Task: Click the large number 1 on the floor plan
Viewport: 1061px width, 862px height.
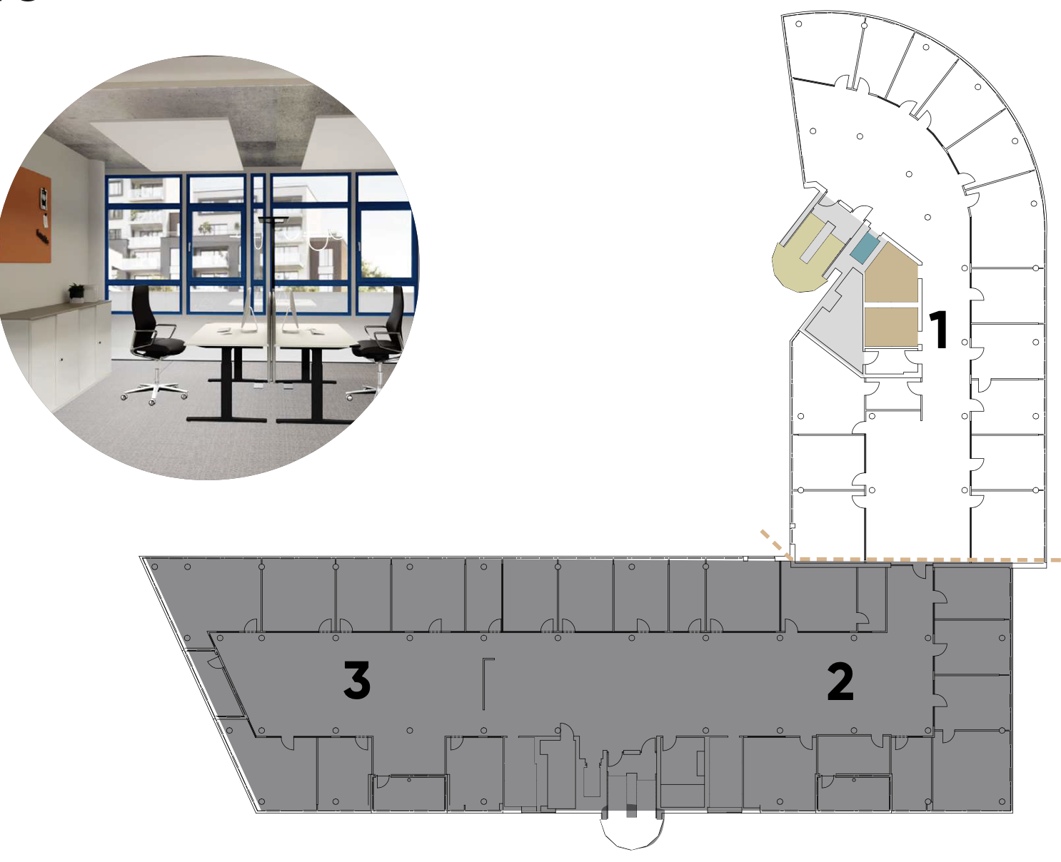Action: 940,330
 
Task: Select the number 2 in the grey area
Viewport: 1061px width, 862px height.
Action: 840,682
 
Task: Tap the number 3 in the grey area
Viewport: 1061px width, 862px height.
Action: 357,680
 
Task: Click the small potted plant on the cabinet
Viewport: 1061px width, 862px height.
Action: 76,293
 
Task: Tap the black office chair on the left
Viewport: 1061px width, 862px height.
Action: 154,343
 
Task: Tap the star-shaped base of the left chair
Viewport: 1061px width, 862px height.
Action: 154,392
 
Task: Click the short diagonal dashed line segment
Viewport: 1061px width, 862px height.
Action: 776,546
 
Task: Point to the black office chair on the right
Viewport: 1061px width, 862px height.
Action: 380,343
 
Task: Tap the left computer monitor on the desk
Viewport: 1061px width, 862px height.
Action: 249,308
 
